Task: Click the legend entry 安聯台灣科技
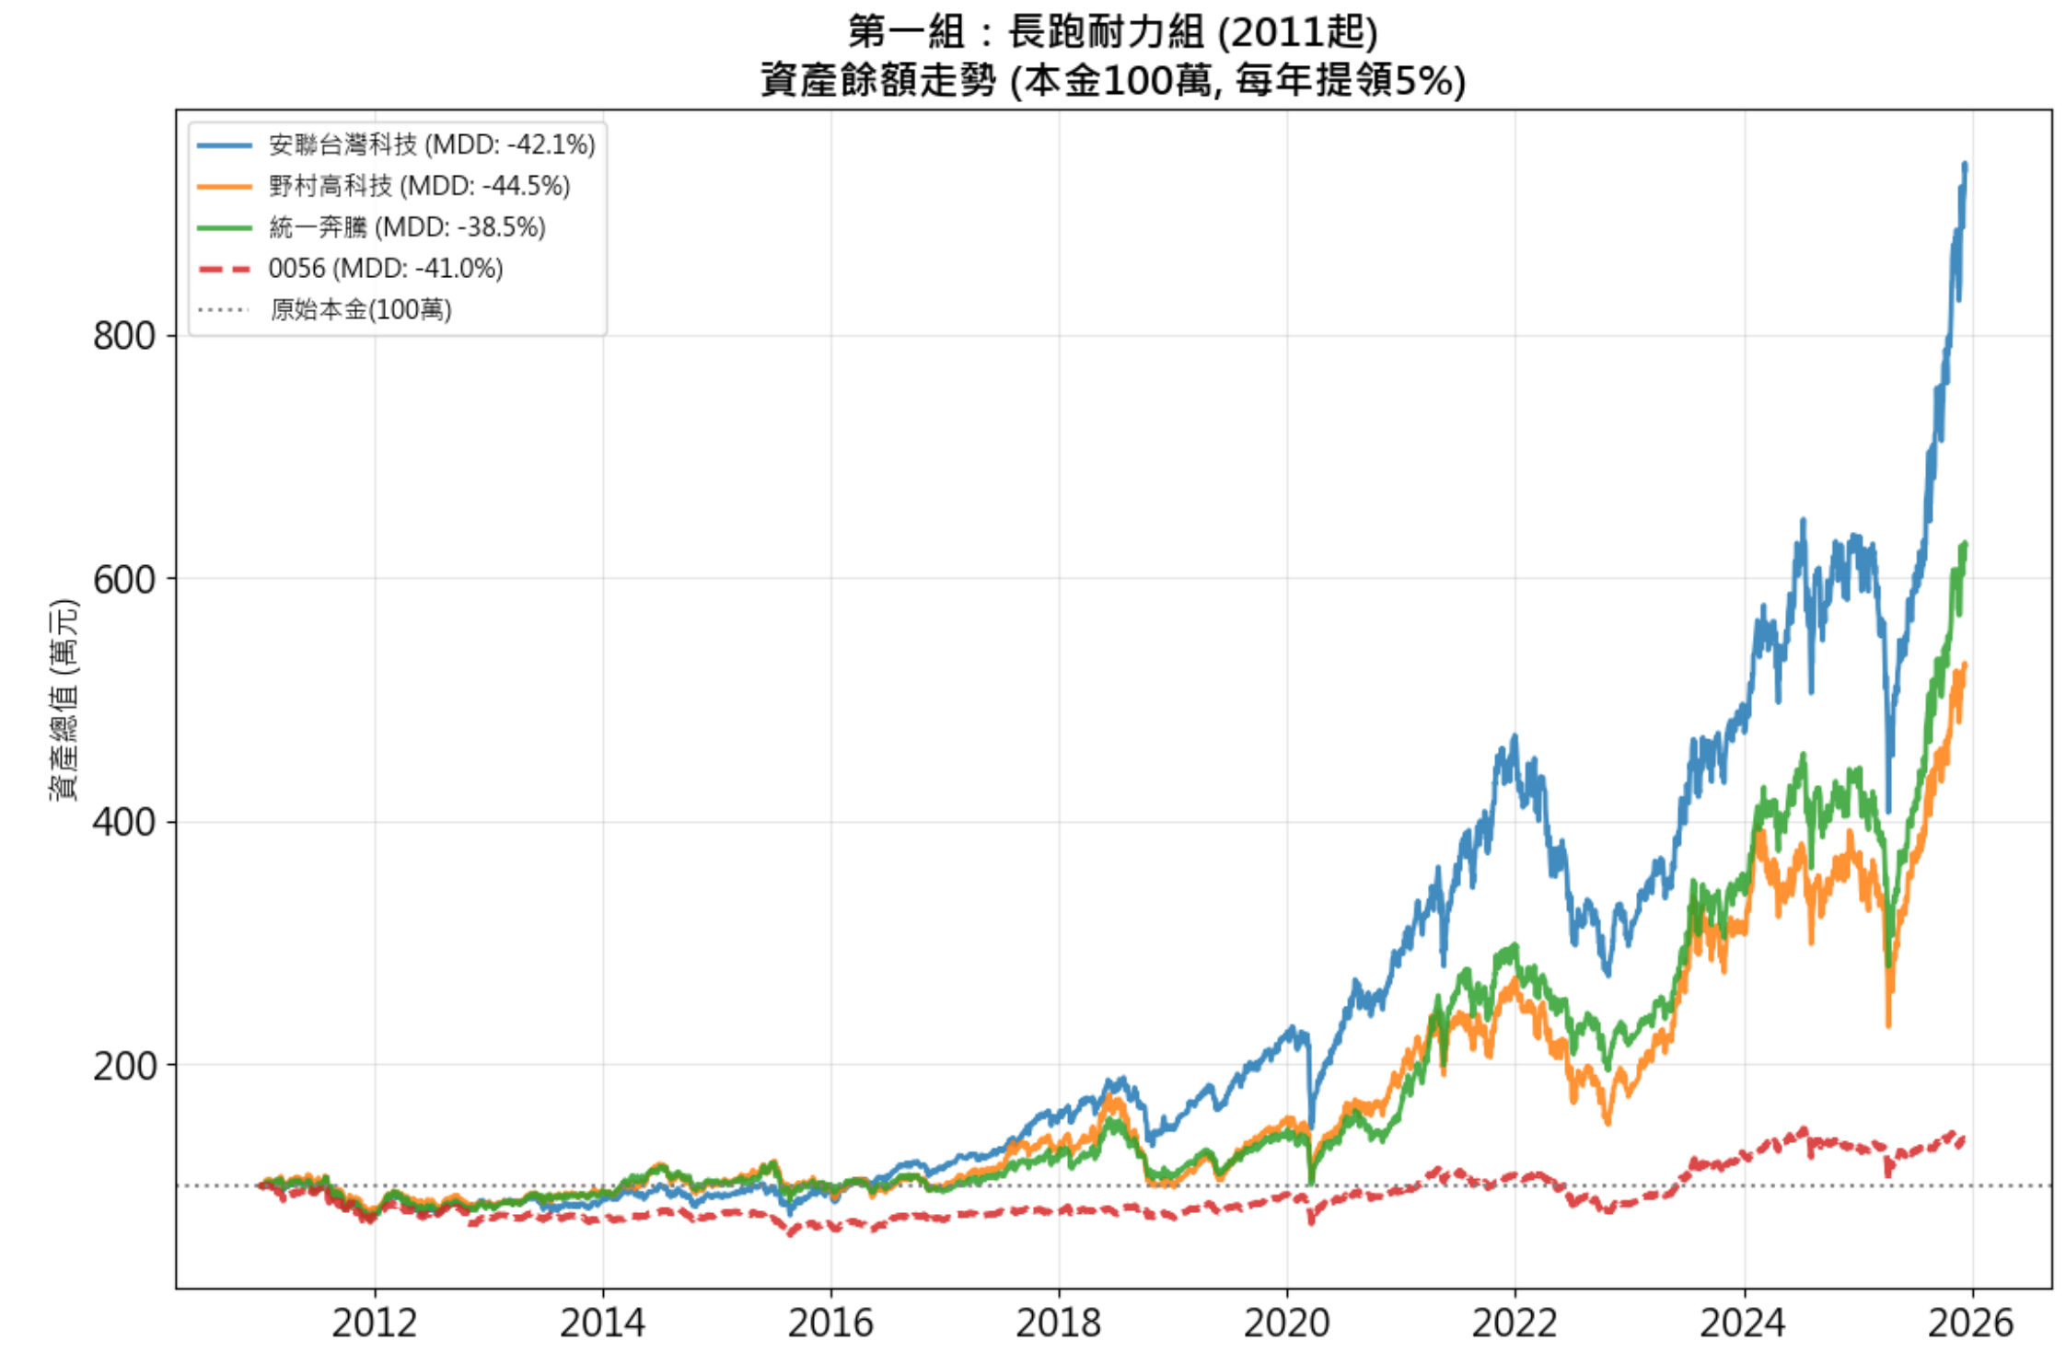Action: point(431,144)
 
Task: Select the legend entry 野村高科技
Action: point(419,186)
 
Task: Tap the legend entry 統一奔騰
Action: point(407,227)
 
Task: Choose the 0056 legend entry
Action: point(385,269)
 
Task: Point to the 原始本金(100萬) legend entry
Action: point(360,309)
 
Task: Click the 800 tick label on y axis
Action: point(123,336)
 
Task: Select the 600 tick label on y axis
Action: point(123,579)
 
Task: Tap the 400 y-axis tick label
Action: point(123,822)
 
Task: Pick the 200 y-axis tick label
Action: point(123,1065)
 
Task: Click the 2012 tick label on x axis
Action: point(374,1324)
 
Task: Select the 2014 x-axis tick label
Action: point(602,1324)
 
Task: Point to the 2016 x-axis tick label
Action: point(830,1324)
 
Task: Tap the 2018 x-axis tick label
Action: point(1058,1324)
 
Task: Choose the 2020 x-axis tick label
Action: point(1286,1324)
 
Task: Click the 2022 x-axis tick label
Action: point(1515,1324)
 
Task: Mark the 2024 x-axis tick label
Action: point(1743,1324)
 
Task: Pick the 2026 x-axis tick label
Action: point(1971,1324)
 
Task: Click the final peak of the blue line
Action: point(1965,165)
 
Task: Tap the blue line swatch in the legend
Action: point(224,145)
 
